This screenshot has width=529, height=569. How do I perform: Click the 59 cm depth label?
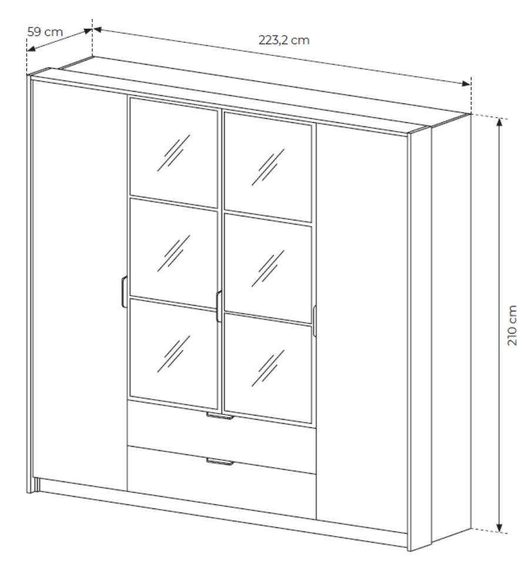(x=45, y=32)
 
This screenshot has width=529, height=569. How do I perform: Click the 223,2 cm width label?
(x=284, y=40)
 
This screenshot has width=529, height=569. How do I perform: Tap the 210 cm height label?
(x=512, y=326)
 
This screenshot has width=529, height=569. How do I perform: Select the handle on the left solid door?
(x=123, y=292)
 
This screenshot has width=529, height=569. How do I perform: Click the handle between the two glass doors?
(x=219, y=306)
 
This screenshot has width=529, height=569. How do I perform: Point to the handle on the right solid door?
(x=314, y=321)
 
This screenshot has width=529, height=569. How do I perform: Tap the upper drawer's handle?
(x=220, y=416)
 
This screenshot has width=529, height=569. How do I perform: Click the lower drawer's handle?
(x=220, y=461)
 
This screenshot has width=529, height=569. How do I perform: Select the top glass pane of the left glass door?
(x=174, y=152)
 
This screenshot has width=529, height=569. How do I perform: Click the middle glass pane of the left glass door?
(x=174, y=253)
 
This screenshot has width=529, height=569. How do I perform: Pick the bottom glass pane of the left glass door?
(x=174, y=353)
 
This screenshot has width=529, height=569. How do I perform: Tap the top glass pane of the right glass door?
(x=268, y=166)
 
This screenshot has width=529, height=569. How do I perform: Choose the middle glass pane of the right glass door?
(x=268, y=268)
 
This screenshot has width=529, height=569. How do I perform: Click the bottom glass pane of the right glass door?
(x=268, y=368)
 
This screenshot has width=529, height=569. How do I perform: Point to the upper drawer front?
(x=222, y=437)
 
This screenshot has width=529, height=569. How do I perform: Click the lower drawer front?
(x=222, y=483)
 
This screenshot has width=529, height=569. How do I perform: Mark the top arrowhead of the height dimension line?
(x=500, y=122)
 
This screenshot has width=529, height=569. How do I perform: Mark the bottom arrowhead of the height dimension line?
(x=500, y=528)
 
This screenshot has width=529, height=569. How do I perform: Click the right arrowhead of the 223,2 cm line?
(x=466, y=84)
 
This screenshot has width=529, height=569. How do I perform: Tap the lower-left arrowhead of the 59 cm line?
(x=32, y=49)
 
